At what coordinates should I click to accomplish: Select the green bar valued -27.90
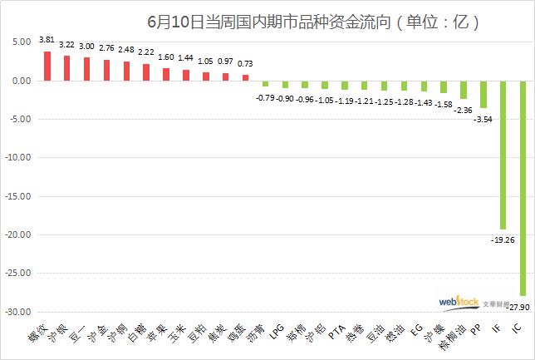click(x=523, y=188)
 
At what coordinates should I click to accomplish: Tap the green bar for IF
click(x=503, y=155)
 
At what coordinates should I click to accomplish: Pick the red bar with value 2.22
click(x=146, y=72)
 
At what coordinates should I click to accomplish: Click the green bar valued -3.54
click(x=483, y=94)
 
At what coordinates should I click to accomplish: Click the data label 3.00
click(x=86, y=47)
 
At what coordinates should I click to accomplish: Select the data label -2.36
click(x=462, y=109)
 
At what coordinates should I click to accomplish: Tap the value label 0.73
click(x=245, y=63)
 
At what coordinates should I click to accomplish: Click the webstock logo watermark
click(x=459, y=303)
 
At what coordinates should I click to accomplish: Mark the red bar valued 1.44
click(x=186, y=76)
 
